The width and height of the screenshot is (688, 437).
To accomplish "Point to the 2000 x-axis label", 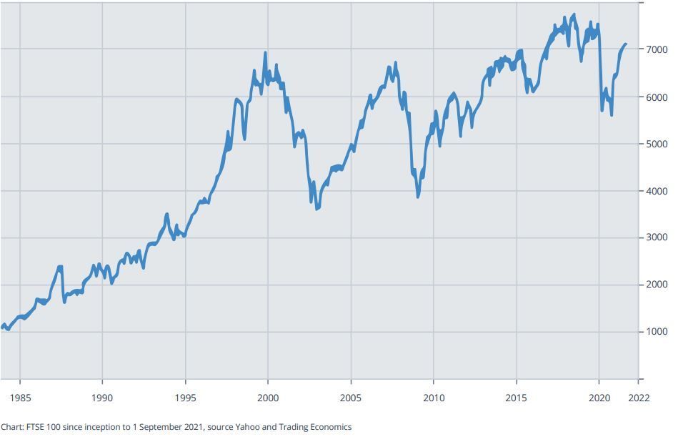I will tap(268, 398).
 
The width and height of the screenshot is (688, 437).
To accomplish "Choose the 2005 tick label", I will tap(351, 398).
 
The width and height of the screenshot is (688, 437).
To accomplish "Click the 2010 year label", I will tap(434, 398).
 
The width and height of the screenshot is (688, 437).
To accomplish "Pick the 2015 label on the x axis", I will tap(517, 398).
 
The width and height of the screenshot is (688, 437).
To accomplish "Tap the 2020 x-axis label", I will tap(599, 398).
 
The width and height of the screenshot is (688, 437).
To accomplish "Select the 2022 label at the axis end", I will tap(638, 398).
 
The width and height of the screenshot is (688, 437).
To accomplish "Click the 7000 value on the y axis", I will tap(657, 49).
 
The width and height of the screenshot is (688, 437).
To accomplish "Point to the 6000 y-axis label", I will tap(657, 97).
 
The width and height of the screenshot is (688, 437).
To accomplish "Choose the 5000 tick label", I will tap(657, 144).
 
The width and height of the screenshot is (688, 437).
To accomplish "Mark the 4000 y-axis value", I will tap(657, 191).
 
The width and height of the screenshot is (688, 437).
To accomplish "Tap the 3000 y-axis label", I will tap(657, 237).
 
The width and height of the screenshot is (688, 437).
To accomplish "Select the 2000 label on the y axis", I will tap(657, 285).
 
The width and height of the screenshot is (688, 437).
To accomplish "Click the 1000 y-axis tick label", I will tap(657, 332).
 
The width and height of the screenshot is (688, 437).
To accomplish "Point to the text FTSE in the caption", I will tap(36, 427).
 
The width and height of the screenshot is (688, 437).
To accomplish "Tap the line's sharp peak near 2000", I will tap(265, 52).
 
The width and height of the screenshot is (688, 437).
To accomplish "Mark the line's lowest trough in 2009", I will tap(418, 196).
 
